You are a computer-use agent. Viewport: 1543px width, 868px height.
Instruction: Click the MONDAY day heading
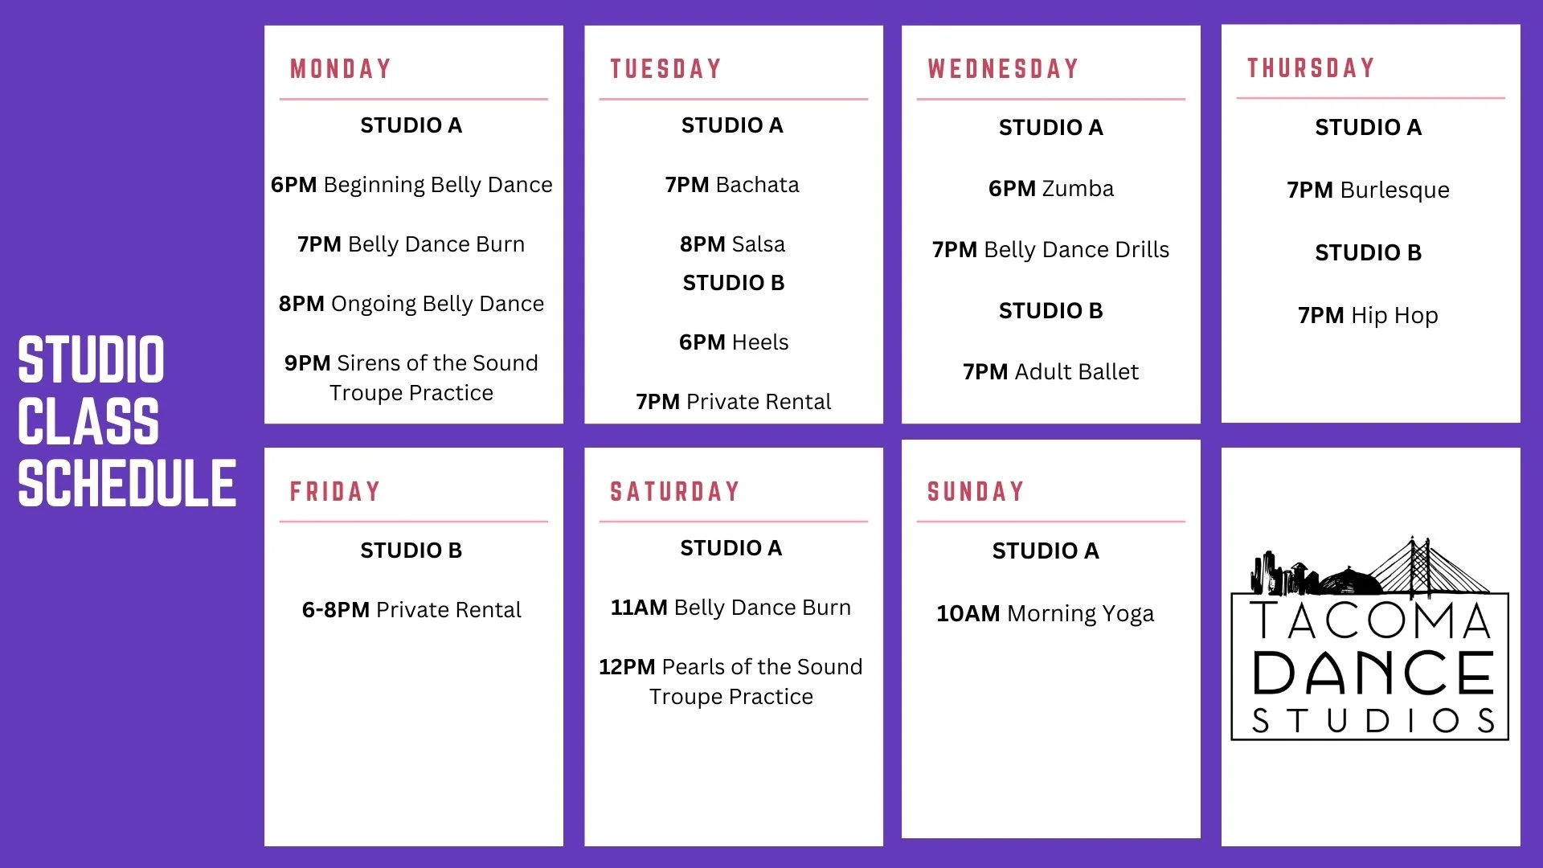tap(341, 69)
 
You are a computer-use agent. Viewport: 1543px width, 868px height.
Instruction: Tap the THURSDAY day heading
tap(1311, 68)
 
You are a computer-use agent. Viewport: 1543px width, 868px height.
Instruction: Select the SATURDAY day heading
tap(674, 492)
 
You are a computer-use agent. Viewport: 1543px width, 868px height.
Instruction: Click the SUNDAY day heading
tap(976, 492)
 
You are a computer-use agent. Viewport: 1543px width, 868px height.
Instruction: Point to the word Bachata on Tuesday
tap(757, 185)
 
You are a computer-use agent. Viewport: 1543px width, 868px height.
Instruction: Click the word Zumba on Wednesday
tap(1078, 189)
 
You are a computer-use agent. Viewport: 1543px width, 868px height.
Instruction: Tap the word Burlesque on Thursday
tap(1394, 190)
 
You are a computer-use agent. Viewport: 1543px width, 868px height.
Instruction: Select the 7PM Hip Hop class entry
tap(1368, 315)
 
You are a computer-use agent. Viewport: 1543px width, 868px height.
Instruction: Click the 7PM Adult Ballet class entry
tap(1050, 372)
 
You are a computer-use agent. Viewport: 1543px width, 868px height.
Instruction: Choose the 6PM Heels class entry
tap(734, 342)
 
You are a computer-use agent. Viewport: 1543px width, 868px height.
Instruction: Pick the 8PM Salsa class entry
tap(732, 244)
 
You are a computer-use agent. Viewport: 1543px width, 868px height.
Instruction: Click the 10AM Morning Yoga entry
tap(1045, 614)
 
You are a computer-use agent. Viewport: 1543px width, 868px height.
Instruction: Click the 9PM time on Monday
tap(307, 363)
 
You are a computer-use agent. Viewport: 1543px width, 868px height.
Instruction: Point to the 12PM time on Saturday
tap(627, 667)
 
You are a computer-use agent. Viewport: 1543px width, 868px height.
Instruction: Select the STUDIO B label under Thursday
tap(1368, 253)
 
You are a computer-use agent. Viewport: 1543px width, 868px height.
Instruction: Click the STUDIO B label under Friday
tap(411, 551)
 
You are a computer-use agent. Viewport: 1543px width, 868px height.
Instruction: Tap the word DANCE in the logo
tap(1373, 674)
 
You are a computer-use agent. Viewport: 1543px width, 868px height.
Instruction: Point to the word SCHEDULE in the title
tap(127, 483)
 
